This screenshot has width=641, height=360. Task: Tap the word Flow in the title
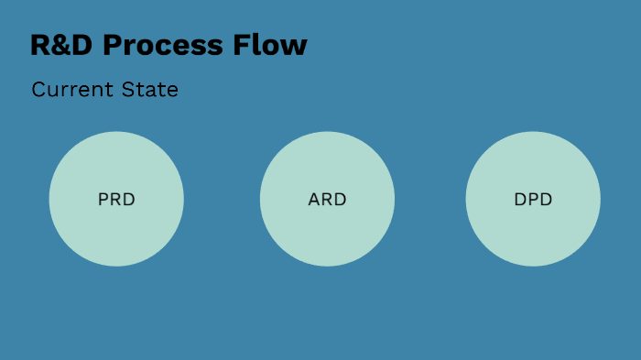277,46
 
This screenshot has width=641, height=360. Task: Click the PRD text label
116,199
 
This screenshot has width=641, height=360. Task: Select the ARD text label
327,199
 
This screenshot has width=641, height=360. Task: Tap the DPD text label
533,199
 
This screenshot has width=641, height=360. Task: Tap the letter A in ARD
314,199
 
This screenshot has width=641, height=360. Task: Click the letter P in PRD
103,199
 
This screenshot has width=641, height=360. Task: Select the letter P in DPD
533,199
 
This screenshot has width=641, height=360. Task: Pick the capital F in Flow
254,46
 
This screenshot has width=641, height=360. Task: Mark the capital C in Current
38,90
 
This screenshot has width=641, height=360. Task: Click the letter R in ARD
327,199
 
